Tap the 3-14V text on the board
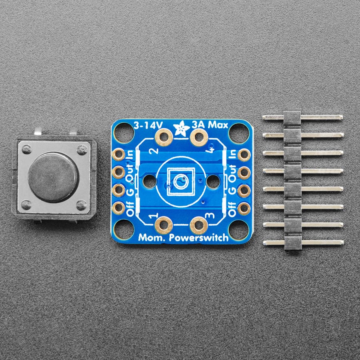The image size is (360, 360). (x=148, y=125)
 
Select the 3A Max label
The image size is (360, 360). (x=210, y=125)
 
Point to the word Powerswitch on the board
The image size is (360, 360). (x=198, y=238)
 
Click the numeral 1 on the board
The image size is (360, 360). (x=154, y=216)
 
